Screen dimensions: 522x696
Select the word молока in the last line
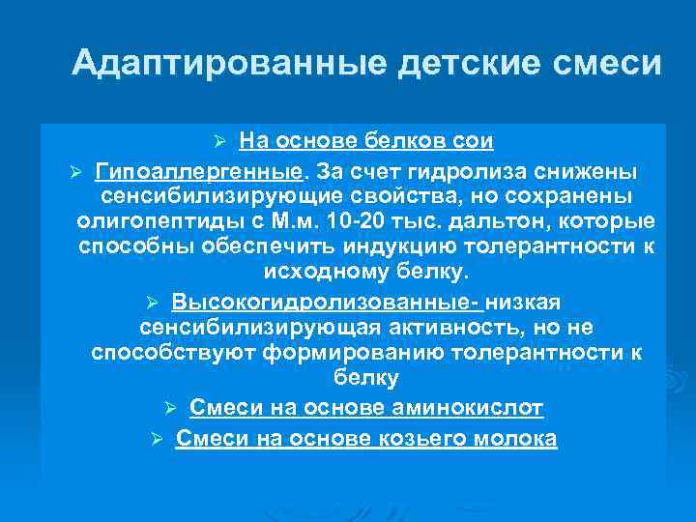click(522, 438)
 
